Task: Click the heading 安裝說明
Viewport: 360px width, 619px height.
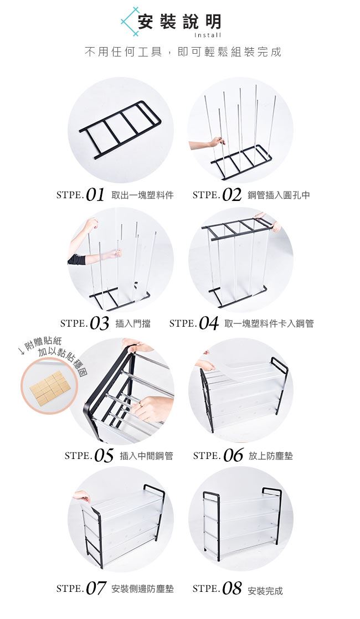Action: [x=179, y=22]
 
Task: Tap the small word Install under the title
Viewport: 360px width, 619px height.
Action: [x=208, y=35]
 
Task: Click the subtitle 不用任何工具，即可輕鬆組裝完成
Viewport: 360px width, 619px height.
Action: [x=183, y=52]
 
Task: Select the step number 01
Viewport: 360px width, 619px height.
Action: [x=95, y=195]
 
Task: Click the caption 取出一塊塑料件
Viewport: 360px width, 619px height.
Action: [x=142, y=195]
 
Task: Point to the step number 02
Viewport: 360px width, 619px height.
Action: [x=232, y=195]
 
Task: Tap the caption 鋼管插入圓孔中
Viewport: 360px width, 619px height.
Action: [x=279, y=195]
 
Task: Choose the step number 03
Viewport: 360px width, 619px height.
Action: [x=99, y=323]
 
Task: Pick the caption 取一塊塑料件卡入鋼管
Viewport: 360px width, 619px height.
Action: [x=269, y=324]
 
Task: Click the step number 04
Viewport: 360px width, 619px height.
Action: [x=208, y=323]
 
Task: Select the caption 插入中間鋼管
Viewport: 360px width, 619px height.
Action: [x=146, y=456]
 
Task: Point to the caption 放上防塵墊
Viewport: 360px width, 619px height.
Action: [x=271, y=456]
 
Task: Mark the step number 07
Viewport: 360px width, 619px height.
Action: [x=95, y=589]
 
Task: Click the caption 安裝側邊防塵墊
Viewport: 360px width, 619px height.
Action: [x=142, y=589]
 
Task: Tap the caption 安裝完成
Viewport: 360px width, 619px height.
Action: [x=265, y=591]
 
